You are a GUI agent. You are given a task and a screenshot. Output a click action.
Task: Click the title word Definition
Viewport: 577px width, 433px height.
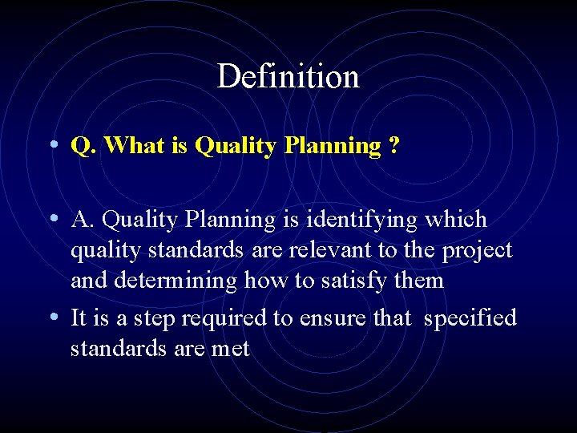[288, 77]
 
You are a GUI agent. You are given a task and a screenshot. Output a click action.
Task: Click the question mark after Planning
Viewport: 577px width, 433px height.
[394, 145]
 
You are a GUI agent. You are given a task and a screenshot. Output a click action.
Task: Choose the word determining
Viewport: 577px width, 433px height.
[176, 281]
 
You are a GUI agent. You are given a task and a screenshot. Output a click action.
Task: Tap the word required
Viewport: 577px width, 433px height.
[224, 319]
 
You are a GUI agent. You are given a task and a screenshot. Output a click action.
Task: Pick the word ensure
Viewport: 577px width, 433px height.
[331, 319]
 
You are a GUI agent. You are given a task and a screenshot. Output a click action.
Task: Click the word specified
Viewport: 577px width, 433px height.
[470, 319]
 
